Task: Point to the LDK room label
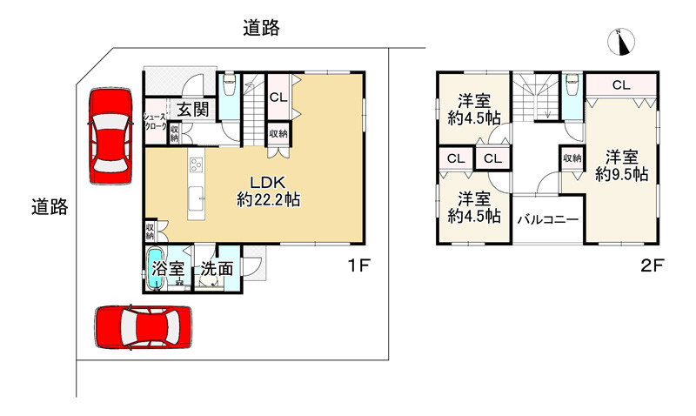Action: click(269, 183)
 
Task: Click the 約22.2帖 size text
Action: click(269, 200)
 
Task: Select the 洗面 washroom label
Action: click(217, 269)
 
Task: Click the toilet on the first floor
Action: click(230, 86)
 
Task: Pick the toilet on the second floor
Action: click(572, 88)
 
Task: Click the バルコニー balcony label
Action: click(547, 220)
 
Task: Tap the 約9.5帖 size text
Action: click(622, 174)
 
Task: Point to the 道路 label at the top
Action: click(261, 28)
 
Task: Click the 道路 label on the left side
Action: click(49, 207)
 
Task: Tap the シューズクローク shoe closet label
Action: click(155, 120)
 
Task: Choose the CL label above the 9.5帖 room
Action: click(620, 85)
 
